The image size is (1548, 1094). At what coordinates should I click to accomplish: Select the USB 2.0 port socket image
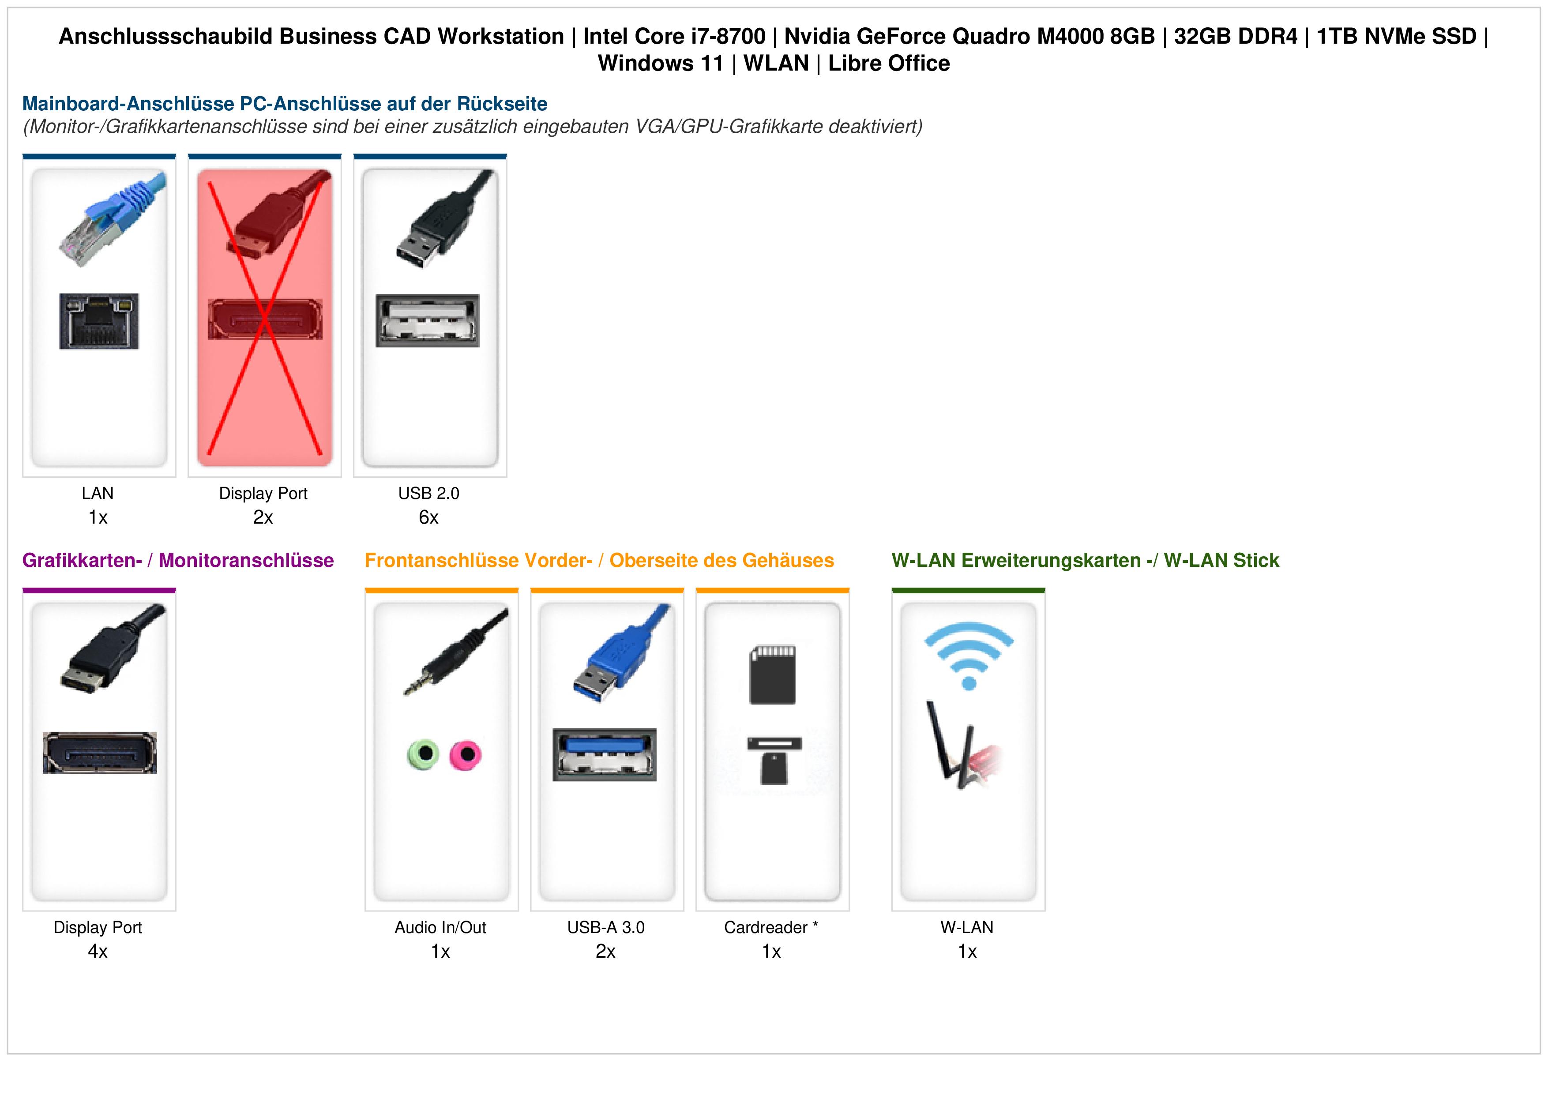coord(428,320)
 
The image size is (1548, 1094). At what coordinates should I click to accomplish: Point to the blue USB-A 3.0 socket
coord(605,754)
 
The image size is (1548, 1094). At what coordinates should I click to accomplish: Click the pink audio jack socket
coord(465,754)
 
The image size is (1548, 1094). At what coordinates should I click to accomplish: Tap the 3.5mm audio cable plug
coord(456,651)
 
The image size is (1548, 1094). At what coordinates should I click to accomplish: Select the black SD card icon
coord(773,675)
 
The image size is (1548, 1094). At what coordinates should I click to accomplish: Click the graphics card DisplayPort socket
coord(100,752)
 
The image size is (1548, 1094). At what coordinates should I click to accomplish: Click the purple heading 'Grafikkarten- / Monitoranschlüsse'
coord(178,560)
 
